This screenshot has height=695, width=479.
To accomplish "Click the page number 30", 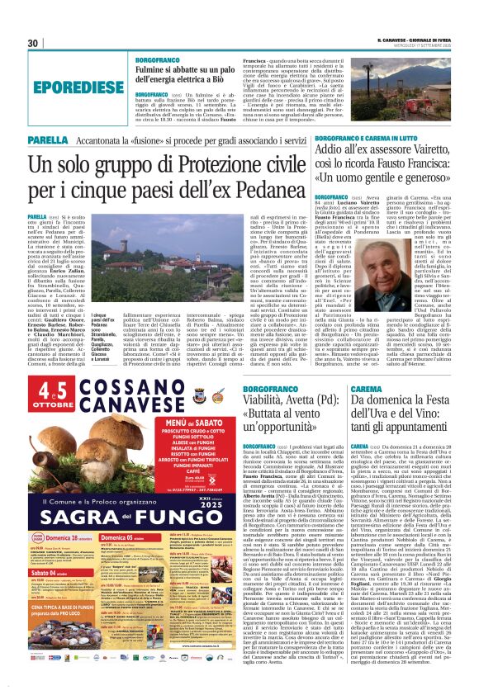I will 34,43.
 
